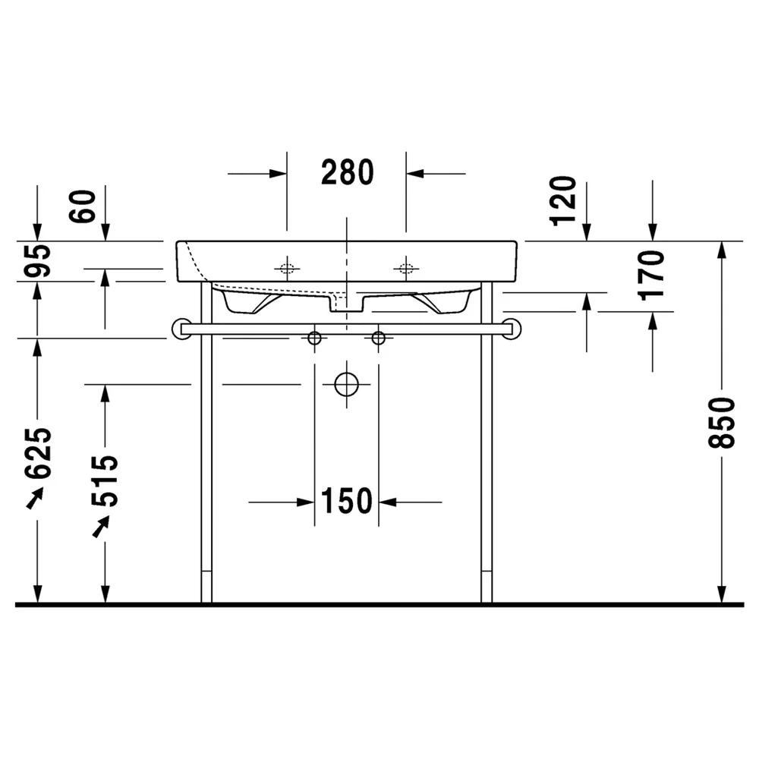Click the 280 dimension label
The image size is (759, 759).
pos(348,172)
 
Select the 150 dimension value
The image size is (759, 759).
pos(347,501)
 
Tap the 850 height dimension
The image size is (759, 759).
pos(721,423)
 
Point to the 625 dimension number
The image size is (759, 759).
pos(38,453)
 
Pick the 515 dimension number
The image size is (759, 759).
pos(105,481)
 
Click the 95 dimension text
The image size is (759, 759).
pos(38,261)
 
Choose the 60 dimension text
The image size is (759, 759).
pos(82,206)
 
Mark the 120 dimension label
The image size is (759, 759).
pos(563,201)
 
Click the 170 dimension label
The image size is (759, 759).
pos(651,276)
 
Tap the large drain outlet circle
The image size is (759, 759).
pos(347,384)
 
